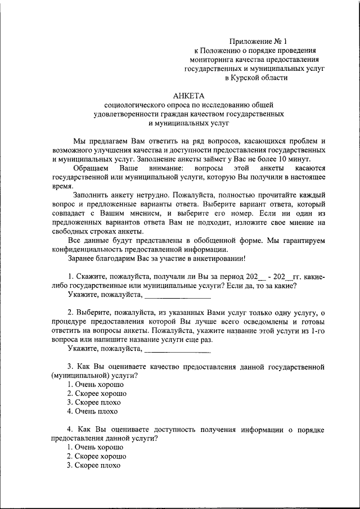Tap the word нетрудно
tap(143, 195)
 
